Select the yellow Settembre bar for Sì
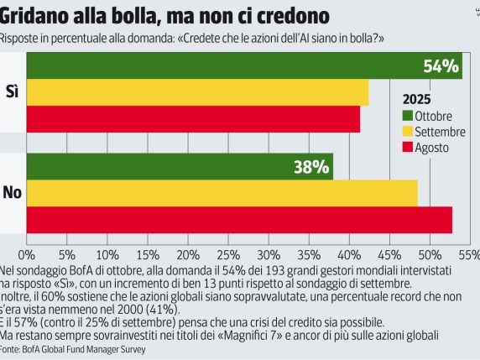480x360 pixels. [x=198, y=92]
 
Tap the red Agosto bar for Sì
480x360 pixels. [x=194, y=119]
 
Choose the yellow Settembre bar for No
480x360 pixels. [x=222, y=193]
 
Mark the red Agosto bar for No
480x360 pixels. [x=239, y=220]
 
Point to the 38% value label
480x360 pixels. [x=310, y=167]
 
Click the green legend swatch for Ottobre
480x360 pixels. [x=408, y=116]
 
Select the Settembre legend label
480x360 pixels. [x=441, y=132]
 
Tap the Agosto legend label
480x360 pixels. [x=432, y=148]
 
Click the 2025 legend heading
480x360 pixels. [x=417, y=98]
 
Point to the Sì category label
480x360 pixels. [x=12, y=91]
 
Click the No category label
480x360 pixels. [x=12, y=193]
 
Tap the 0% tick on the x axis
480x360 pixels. [x=27, y=253]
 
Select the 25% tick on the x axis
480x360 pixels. [x=228, y=253]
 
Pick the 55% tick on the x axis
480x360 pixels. [x=468, y=253]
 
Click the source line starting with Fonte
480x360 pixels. [x=74, y=348]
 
